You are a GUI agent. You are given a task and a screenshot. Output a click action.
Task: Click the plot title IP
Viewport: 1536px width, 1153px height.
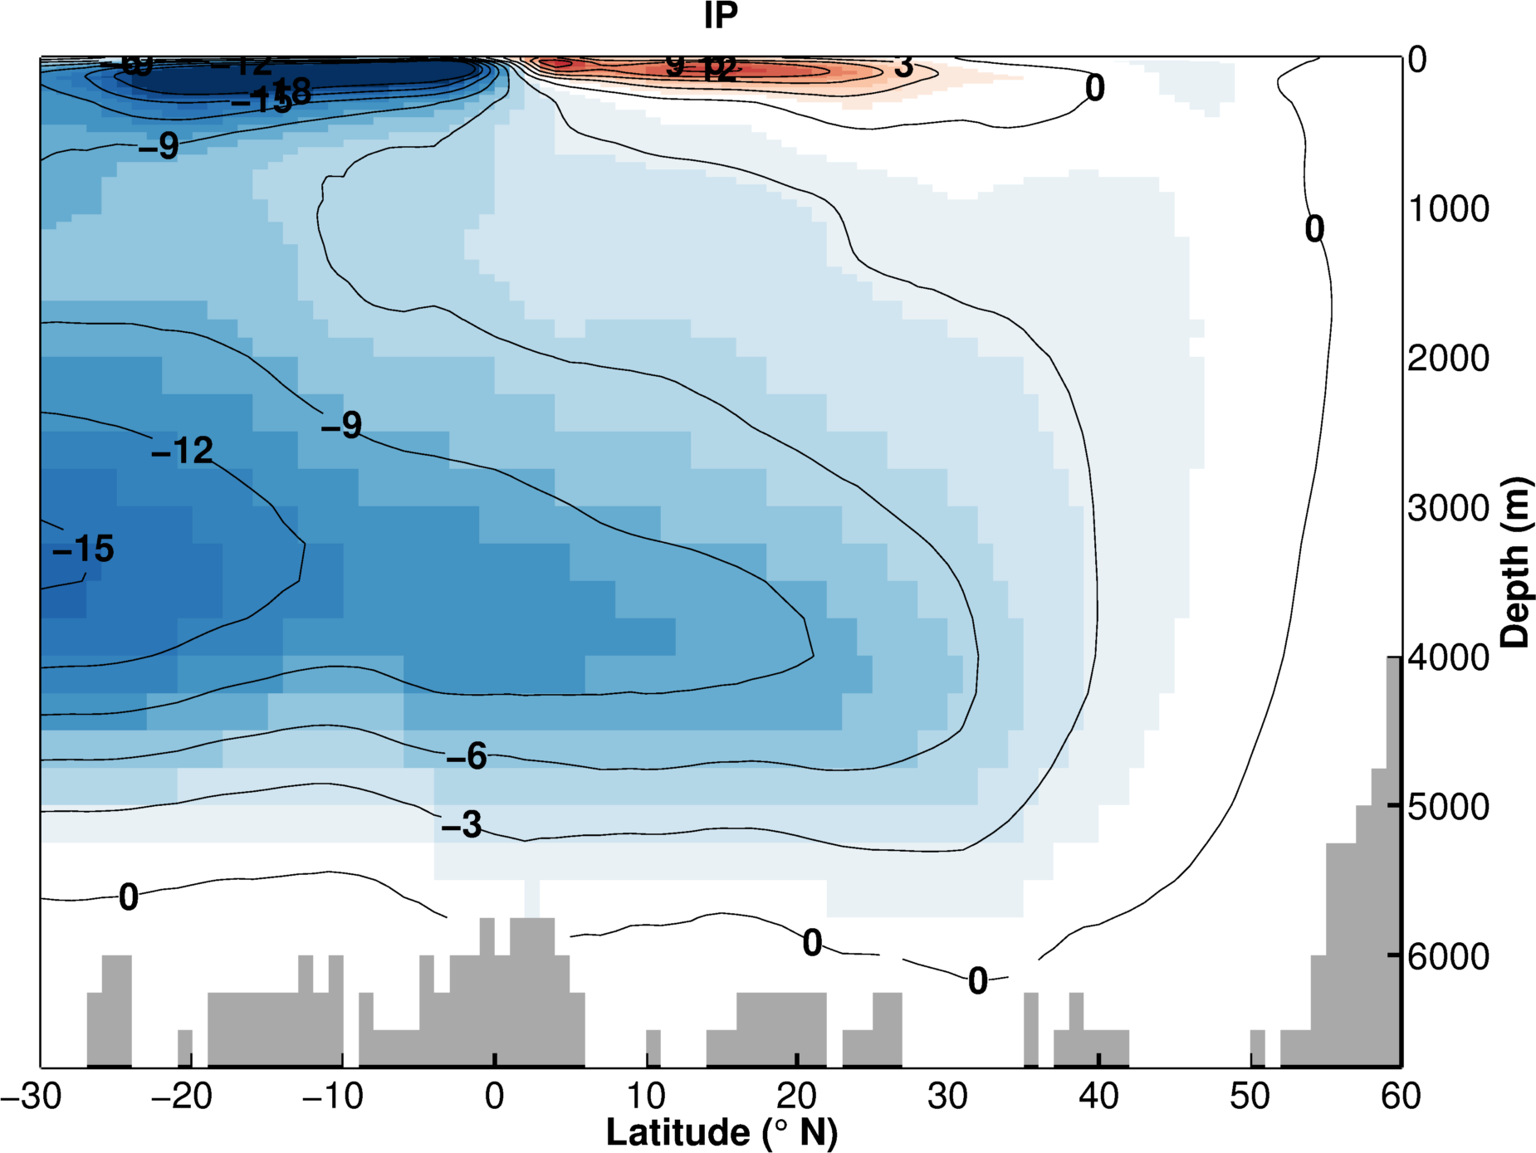tap(721, 16)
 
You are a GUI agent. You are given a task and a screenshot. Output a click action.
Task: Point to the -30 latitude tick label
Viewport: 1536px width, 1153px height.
tap(32, 1097)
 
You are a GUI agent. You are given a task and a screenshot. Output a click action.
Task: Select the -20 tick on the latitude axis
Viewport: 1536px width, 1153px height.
tap(182, 1097)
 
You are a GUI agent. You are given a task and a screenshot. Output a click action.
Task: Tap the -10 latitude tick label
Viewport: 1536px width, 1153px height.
tap(333, 1097)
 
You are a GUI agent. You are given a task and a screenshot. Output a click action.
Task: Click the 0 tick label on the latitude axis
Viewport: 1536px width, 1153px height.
tap(495, 1097)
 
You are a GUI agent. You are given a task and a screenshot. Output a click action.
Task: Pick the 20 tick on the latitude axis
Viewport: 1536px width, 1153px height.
tap(796, 1097)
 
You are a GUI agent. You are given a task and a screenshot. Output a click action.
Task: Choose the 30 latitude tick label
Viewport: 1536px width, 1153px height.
tap(947, 1097)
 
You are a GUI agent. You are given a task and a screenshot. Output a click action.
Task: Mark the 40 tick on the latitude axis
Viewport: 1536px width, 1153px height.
tap(1098, 1097)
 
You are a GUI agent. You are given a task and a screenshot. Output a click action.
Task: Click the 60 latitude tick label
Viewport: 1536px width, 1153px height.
tap(1401, 1097)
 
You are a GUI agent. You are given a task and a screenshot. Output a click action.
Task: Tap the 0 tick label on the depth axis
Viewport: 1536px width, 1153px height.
tap(1417, 60)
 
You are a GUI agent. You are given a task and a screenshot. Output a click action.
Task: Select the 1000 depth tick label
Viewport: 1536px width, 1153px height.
tap(1449, 209)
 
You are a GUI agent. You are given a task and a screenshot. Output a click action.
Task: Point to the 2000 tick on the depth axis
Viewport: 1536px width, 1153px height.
tap(1449, 359)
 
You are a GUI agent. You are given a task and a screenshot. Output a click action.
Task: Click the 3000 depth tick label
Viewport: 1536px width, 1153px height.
tap(1449, 508)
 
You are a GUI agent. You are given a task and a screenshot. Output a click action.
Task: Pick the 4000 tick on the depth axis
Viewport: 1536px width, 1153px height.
tap(1449, 657)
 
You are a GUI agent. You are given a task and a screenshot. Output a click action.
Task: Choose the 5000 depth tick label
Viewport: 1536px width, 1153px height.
tap(1449, 807)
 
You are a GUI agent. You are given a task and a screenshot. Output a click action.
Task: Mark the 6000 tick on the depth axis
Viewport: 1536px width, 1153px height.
tap(1449, 956)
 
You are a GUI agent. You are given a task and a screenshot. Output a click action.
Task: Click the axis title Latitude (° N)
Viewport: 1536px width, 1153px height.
tap(722, 1132)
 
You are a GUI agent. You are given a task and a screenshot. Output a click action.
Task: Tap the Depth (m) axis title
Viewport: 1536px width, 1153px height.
tap(1516, 562)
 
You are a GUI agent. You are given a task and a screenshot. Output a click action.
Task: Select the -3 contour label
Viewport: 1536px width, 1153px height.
tap(462, 824)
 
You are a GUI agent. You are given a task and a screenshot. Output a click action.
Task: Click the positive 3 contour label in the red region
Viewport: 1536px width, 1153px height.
tap(903, 66)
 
